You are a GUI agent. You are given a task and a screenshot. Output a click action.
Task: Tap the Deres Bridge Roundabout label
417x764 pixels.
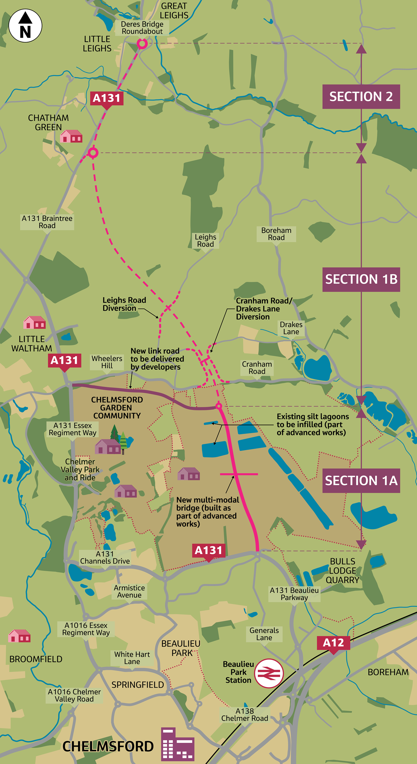tap(142, 28)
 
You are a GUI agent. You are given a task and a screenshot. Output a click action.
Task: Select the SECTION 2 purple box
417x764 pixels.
tap(361, 97)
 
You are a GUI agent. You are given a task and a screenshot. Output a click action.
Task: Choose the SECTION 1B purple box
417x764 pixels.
tap(361, 279)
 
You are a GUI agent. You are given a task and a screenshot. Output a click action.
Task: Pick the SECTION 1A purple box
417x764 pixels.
tap(361, 480)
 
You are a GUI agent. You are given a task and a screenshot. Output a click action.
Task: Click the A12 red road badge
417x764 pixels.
tap(333, 642)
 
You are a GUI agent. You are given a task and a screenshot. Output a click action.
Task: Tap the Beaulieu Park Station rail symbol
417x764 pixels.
tap(269, 673)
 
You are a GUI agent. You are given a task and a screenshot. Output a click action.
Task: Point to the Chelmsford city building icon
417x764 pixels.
tap(177, 744)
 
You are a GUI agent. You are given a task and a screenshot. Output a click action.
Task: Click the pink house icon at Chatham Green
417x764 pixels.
tap(71, 136)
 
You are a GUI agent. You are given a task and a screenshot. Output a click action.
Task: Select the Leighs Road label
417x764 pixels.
tap(205, 240)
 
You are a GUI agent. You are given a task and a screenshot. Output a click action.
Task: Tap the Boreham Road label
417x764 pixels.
tap(276, 234)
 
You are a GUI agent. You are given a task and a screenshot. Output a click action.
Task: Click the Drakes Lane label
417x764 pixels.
tap(291, 328)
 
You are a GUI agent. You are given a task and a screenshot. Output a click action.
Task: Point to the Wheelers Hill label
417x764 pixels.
tap(107, 362)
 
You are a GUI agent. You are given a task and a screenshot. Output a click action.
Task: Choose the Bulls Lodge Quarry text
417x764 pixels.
tap(342, 571)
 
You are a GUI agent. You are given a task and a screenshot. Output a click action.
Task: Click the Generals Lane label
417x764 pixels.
tap(264, 634)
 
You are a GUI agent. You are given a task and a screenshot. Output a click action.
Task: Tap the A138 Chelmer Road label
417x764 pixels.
tap(244, 715)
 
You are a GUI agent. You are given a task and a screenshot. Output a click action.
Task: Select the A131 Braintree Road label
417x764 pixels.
tap(47, 222)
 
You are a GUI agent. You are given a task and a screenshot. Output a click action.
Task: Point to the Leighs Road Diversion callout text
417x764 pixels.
tap(124, 304)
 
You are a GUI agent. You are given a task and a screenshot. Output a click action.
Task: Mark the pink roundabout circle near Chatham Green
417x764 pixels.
tap(93, 153)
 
